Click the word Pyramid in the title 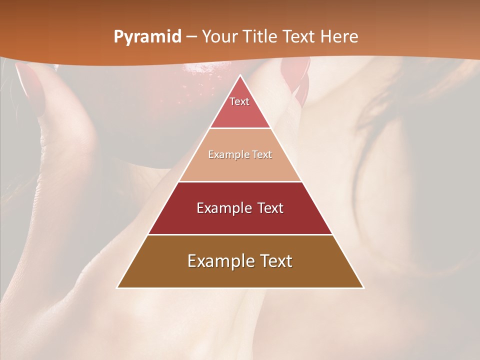click(147, 37)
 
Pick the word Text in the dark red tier click(267, 208)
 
